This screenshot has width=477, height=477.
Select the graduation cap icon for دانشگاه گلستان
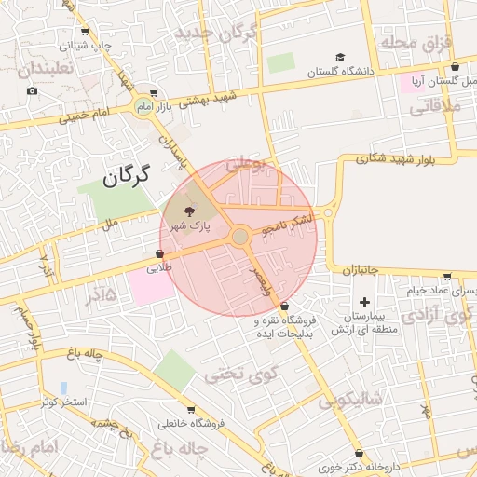[340, 58]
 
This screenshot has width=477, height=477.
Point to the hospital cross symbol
[364, 302]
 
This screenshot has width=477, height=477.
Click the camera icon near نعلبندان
[33, 90]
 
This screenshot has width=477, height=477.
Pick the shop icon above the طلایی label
[159, 253]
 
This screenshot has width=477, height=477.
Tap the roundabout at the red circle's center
[240, 237]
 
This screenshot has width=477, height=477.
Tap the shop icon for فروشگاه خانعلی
[191, 410]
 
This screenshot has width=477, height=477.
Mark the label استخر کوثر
[63, 402]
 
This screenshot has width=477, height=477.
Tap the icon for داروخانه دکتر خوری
[359, 454]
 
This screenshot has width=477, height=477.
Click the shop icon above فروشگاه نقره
[284, 307]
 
